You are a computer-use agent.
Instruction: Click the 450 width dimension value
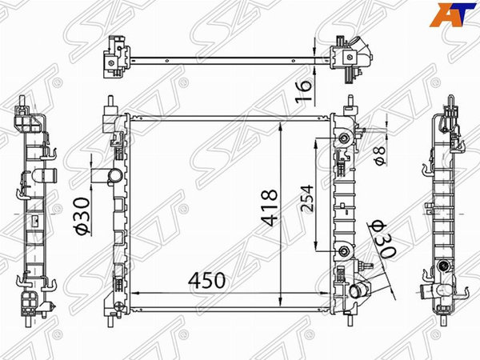click(x=207, y=280)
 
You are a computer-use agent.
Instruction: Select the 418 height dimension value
click(x=270, y=208)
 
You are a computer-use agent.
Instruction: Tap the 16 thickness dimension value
click(x=304, y=91)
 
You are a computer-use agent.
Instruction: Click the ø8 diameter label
click(x=380, y=156)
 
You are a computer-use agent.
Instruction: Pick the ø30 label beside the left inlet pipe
click(x=82, y=217)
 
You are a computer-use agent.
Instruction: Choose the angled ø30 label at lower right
click(x=382, y=239)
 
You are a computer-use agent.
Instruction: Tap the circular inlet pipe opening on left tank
click(x=116, y=176)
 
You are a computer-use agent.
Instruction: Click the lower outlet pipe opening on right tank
click(x=356, y=291)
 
